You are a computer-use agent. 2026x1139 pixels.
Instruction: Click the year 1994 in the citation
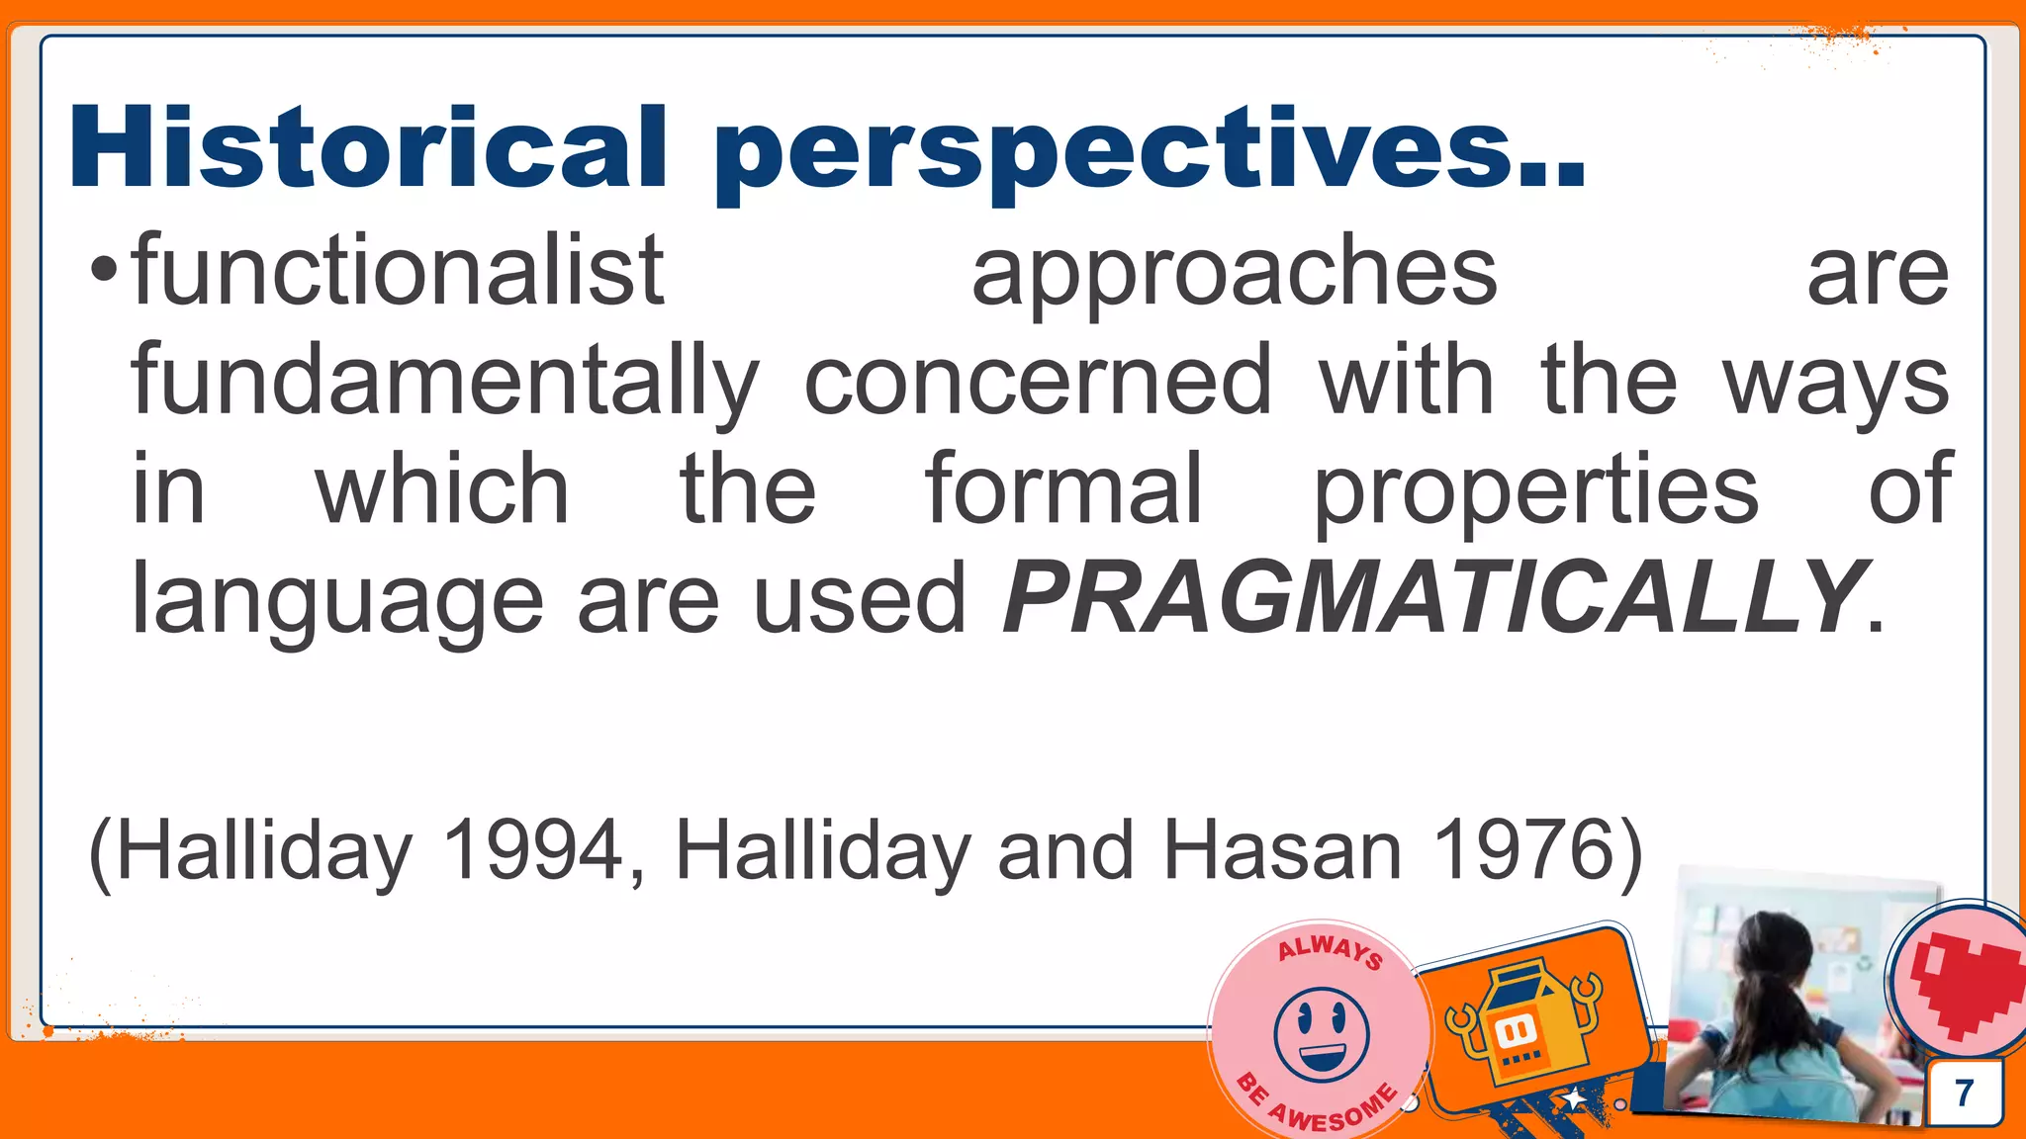[x=534, y=850]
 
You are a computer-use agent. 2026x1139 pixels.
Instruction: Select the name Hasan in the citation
[x=1282, y=850]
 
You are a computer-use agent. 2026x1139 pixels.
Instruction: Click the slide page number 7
[x=1965, y=1094]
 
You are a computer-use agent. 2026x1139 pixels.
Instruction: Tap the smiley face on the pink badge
[x=1322, y=1034]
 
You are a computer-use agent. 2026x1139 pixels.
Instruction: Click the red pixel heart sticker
[x=1964, y=985]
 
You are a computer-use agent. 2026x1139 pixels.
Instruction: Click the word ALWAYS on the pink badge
[x=1330, y=950]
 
